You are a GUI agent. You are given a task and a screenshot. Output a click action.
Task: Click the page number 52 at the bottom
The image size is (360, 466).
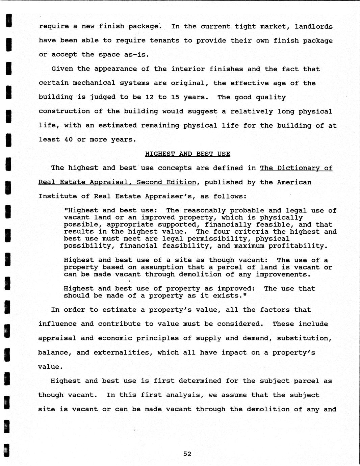pyautogui.click(x=187, y=454)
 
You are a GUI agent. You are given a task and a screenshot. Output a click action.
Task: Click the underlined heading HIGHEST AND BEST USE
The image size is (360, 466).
pyautogui.click(x=187, y=154)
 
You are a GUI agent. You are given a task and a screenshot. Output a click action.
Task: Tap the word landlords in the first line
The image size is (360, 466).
pyautogui.click(x=313, y=27)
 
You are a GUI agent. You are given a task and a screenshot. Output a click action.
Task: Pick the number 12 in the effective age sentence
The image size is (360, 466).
pyautogui.click(x=150, y=97)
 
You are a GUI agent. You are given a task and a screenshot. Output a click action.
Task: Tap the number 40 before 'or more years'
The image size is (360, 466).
pyautogui.click(x=68, y=139)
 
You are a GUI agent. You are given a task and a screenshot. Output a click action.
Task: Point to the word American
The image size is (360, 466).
pyautogui.click(x=294, y=182)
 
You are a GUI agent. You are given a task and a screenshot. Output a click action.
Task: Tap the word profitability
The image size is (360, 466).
pyautogui.click(x=298, y=246)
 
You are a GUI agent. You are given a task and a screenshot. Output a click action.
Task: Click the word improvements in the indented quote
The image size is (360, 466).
pyautogui.click(x=282, y=274)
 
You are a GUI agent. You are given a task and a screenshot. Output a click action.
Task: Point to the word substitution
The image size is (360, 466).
pyautogui.click(x=305, y=338)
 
